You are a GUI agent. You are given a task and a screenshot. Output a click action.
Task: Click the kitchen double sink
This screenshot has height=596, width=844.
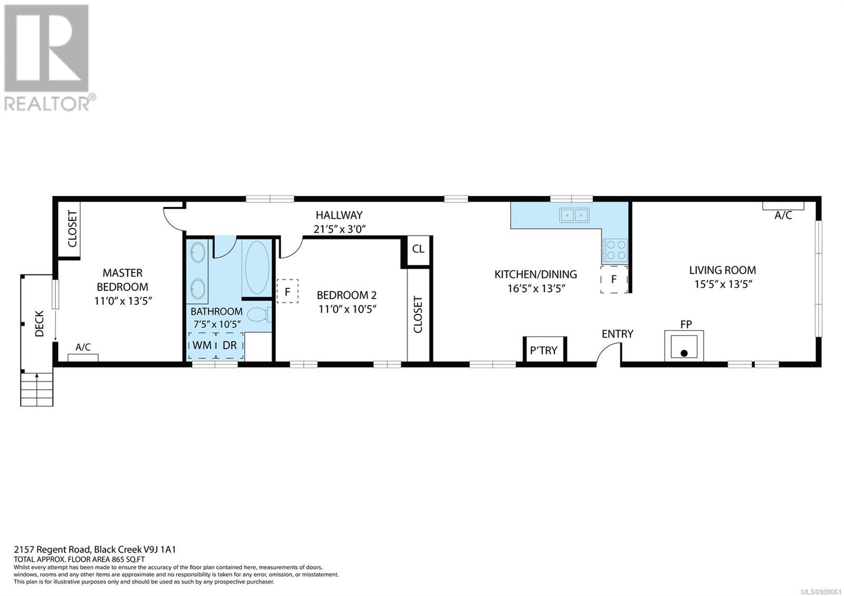(x=574, y=215)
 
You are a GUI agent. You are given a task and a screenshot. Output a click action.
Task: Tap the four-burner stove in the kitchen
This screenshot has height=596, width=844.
(x=615, y=250)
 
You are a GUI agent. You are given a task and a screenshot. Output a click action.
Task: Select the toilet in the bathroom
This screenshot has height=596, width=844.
(x=260, y=315)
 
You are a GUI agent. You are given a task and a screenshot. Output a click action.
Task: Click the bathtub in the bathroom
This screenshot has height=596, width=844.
(x=257, y=267)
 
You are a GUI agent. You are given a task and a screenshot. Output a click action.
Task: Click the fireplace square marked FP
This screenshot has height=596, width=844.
(x=684, y=346)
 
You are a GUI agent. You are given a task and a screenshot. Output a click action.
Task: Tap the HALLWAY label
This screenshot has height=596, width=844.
(x=339, y=215)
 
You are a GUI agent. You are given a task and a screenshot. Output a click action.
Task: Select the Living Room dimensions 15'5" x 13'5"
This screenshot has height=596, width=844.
(x=723, y=284)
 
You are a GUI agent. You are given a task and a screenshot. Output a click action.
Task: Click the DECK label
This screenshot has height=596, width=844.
(x=39, y=323)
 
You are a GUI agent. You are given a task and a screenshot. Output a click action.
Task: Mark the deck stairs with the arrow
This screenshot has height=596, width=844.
(x=36, y=389)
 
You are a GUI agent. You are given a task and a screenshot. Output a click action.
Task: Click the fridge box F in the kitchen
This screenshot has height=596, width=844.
(x=614, y=279)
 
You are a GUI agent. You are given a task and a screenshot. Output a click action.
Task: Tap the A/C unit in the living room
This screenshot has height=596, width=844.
(x=783, y=206)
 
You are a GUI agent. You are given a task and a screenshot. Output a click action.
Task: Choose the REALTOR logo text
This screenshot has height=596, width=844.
(x=47, y=103)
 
